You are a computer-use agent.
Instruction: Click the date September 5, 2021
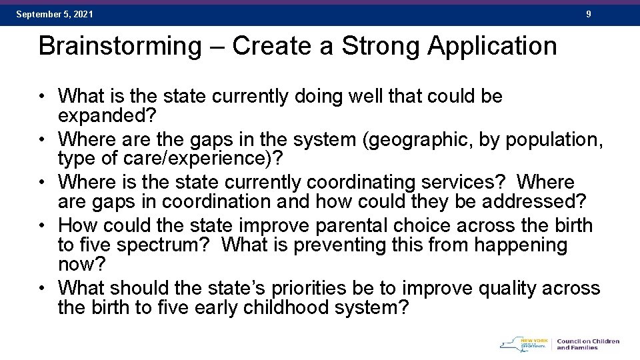coord(55,14)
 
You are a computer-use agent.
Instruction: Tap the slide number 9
coord(588,14)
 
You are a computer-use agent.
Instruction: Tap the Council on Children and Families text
coord(587,344)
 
